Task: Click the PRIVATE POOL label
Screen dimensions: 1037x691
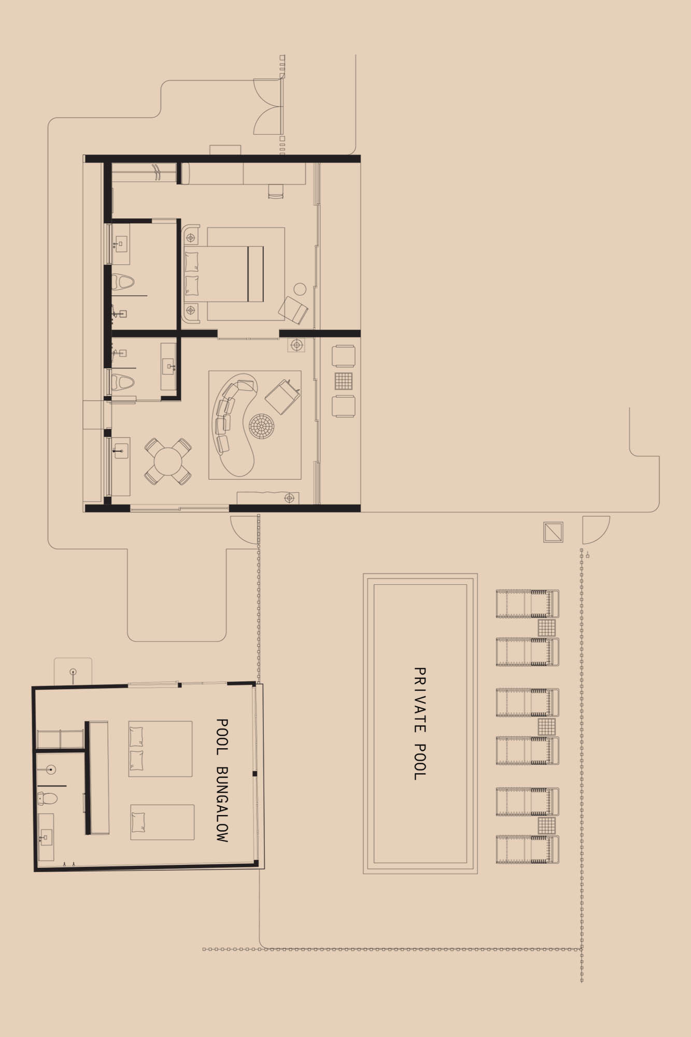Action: pyautogui.click(x=419, y=723)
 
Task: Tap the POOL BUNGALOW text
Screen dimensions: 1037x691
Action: pyautogui.click(x=222, y=780)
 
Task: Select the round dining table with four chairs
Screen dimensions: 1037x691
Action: pyautogui.click(x=167, y=461)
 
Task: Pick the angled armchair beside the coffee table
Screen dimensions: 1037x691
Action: pyautogui.click(x=282, y=396)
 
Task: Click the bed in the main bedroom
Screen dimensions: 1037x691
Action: pyautogui.click(x=228, y=273)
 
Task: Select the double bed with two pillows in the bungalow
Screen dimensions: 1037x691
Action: pyautogui.click(x=160, y=749)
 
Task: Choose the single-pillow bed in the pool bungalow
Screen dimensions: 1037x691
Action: pyautogui.click(x=162, y=822)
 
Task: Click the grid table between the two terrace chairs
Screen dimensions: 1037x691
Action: pyautogui.click(x=343, y=381)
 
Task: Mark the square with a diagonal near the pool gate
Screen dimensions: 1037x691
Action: pyautogui.click(x=553, y=532)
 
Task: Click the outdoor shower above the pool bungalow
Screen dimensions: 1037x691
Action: pyautogui.click(x=73, y=673)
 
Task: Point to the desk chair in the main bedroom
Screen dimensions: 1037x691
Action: pyautogui.click(x=276, y=191)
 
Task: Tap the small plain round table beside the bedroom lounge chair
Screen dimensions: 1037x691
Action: pyautogui.click(x=300, y=289)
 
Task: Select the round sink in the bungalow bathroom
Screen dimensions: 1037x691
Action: pyautogui.click(x=50, y=770)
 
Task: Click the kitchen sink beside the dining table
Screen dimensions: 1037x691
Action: pyautogui.click(x=121, y=451)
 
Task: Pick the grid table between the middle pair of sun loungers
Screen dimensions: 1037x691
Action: pyautogui.click(x=546, y=726)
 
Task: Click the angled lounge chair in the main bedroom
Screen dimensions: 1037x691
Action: pyautogui.click(x=293, y=311)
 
